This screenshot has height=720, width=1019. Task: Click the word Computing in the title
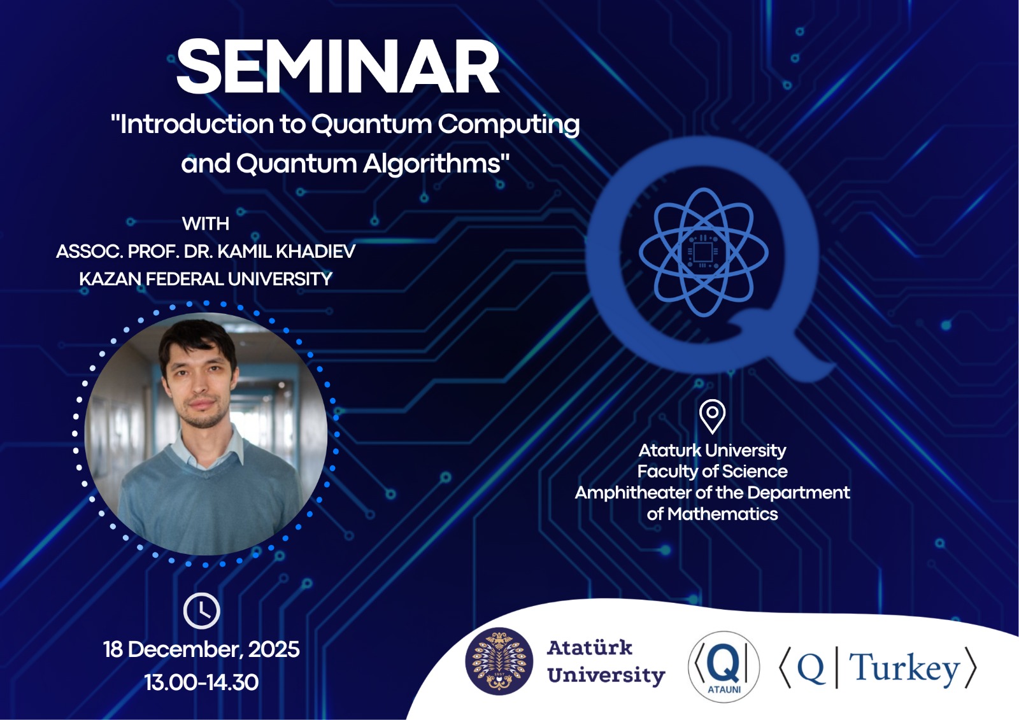pos(509,125)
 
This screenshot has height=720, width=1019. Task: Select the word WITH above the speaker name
pos(206,224)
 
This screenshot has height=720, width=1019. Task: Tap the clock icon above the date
pos(201,611)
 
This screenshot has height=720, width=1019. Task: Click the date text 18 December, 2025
pos(201,649)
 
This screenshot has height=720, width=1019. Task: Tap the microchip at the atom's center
pos(703,251)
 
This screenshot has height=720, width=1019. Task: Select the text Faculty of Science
pos(713,472)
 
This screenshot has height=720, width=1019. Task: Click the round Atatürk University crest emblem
pos(499,661)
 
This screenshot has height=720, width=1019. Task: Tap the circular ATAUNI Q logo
pos(723,667)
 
